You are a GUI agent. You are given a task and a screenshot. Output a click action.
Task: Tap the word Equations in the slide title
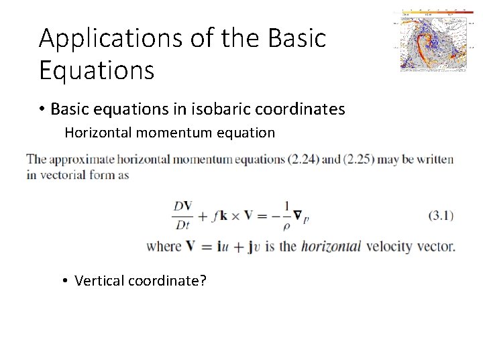click(x=97, y=69)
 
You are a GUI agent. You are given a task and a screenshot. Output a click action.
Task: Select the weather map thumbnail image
click(x=432, y=40)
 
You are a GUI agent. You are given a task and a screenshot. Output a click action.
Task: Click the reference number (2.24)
click(x=307, y=160)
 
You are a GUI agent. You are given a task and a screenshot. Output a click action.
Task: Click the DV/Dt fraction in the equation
click(x=182, y=216)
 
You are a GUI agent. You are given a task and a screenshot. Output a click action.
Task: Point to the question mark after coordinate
click(x=203, y=280)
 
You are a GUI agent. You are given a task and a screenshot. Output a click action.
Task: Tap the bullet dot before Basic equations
click(x=42, y=109)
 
